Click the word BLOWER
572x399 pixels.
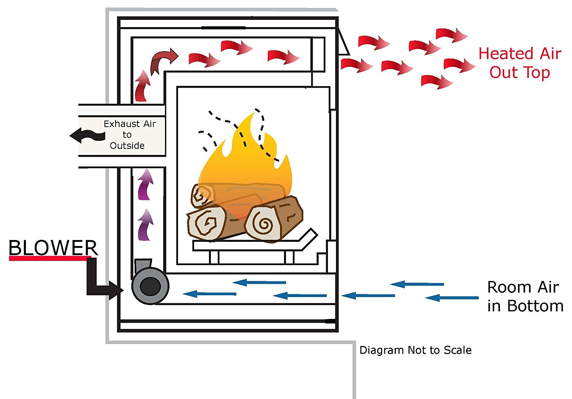(53, 248)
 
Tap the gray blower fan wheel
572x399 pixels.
(150, 286)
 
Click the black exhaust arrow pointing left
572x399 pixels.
(87, 135)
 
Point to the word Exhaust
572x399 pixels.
(122, 124)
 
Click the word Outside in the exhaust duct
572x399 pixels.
(127, 146)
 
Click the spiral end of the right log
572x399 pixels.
(263, 224)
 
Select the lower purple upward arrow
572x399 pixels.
(145, 225)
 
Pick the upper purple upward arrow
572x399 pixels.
(145, 184)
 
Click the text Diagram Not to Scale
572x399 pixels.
(416, 350)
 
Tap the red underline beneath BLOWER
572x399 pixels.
(50, 258)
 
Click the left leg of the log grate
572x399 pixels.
(214, 257)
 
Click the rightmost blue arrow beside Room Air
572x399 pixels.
(452, 298)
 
